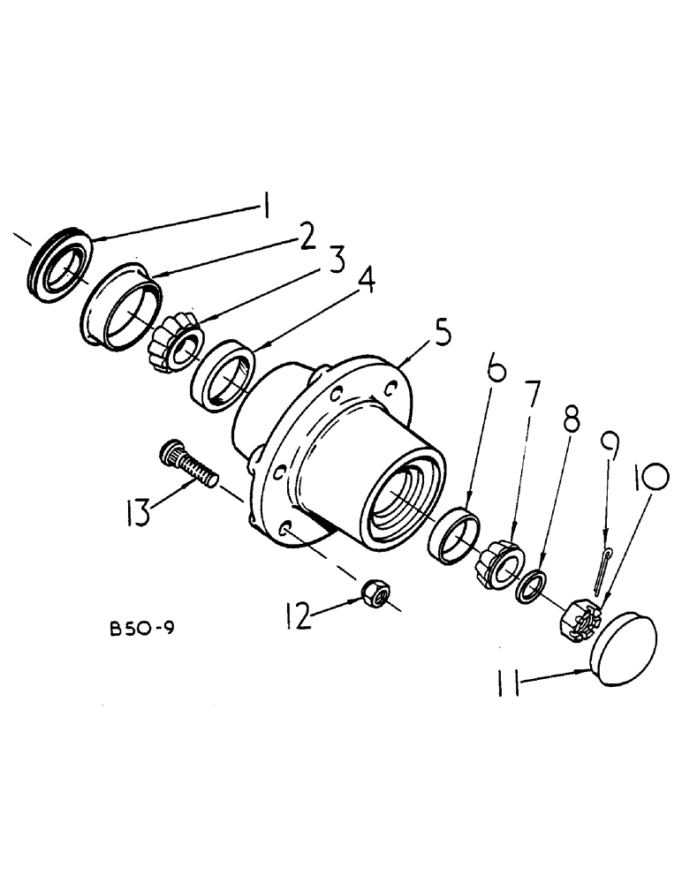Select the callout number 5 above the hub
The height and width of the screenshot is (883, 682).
tap(440, 336)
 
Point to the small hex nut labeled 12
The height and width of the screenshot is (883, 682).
tap(376, 597)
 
